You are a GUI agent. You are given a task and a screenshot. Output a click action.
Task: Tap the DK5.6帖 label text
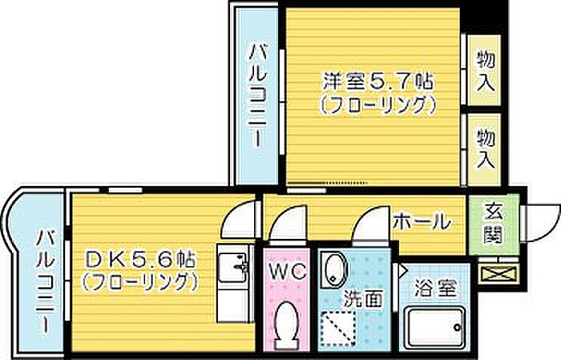coord(139,260)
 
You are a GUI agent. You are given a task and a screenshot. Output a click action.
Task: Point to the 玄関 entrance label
coord(493,224)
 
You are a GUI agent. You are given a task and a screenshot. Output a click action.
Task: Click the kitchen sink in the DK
coord(233,265)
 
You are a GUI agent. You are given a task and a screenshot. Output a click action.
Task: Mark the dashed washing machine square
coord(338,326)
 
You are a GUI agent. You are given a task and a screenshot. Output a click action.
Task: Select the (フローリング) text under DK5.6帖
coord(139,281)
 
